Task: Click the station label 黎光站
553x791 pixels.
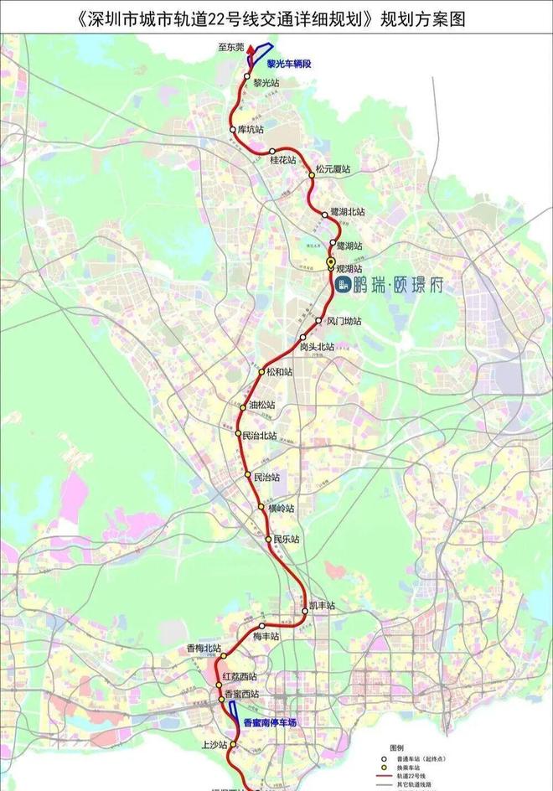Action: pyautogui.click(x=267, y=82)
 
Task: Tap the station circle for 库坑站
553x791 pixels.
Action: pyautogui.click(x=233, y=130)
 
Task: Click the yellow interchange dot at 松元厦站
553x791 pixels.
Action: pyautogui.click(x=311, y=174)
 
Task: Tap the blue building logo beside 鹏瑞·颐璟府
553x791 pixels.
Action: pyautogui.click(x=344, y=286)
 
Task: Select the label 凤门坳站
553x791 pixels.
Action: pyautogui.click(x=344, y=321)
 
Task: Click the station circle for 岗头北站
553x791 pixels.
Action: pyautogui.click(x=303, y=338)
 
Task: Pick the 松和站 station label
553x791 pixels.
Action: pyautogui.click(x=280, y=372)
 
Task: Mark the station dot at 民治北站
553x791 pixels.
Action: pyautogui.click(x=238, y=433)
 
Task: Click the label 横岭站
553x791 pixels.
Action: pyautogui.click(x=282, y=509)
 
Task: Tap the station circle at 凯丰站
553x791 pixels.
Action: pyautogui.click(x=305, y=611)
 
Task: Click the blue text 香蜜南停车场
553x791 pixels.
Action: pyautogui.click(x=270, y=722)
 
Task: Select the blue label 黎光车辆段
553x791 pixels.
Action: pyautogui.click(x=289, y=63)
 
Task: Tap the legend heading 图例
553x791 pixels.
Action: pyautogui.click(x=396, y=747)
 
